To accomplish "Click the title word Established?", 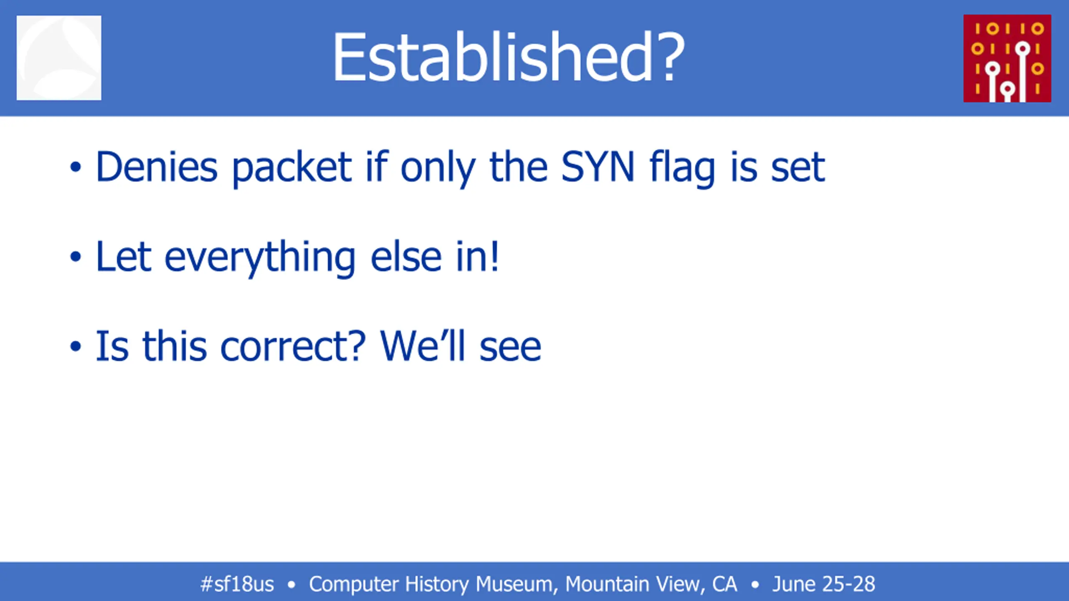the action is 509,57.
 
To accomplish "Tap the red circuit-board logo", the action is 1007,58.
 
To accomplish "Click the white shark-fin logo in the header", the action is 59,58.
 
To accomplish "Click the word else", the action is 406,257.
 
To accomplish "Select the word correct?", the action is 293,346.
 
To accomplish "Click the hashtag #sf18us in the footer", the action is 237,584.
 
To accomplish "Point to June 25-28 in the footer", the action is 823,584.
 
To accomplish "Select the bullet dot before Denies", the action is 75,167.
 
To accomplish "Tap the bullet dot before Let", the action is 75,257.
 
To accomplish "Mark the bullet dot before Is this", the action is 75,346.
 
